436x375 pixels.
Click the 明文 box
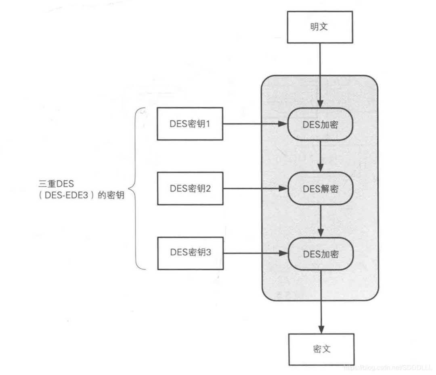coord(320,27)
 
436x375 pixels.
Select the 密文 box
coord(321,349)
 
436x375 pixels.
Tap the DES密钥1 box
coord(190,124)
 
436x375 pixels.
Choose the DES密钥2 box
coord(190,188)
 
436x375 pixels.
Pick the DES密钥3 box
coord(190,253)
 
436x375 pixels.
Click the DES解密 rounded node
coord(321,189)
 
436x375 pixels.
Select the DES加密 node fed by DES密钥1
coord(321,124)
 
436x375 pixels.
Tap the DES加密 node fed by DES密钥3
coord(321,254)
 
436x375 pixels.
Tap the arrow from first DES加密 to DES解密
coord(321,156)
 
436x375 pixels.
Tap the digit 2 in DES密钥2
coord(208,188)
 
